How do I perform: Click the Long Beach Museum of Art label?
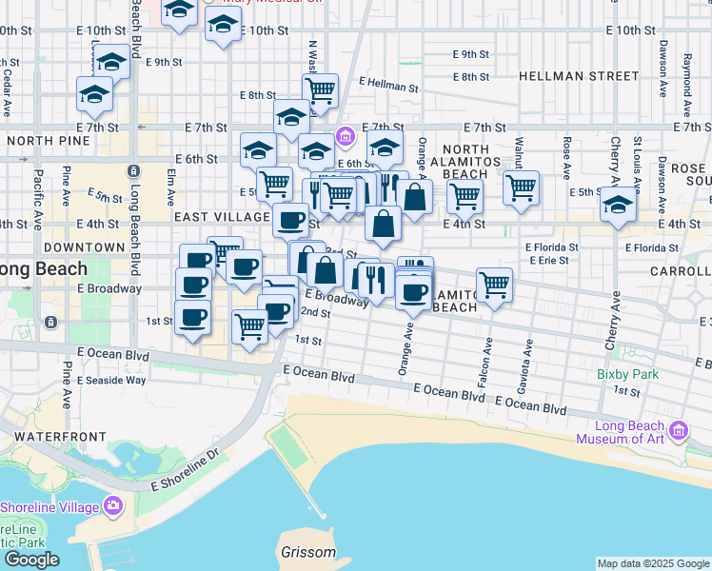click(623, 432)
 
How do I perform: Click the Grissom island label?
click(308, 552)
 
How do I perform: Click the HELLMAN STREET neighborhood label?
click(579, 75)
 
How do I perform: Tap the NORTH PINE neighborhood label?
click(48, 141)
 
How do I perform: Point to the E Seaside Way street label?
click(111, 380)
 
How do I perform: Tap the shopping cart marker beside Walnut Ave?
click(521, 188)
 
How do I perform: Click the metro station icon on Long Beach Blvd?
click(132, 170)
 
